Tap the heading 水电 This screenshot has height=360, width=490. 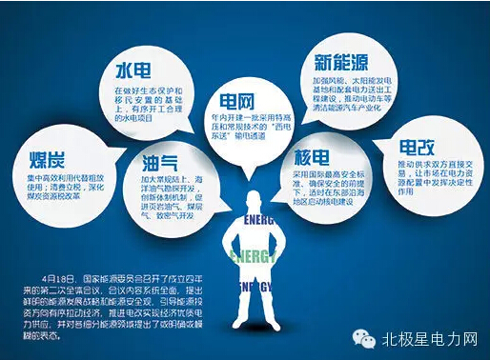133,70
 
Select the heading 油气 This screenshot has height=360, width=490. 161,161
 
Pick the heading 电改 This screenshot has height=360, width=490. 417,148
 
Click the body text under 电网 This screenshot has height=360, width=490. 245,129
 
